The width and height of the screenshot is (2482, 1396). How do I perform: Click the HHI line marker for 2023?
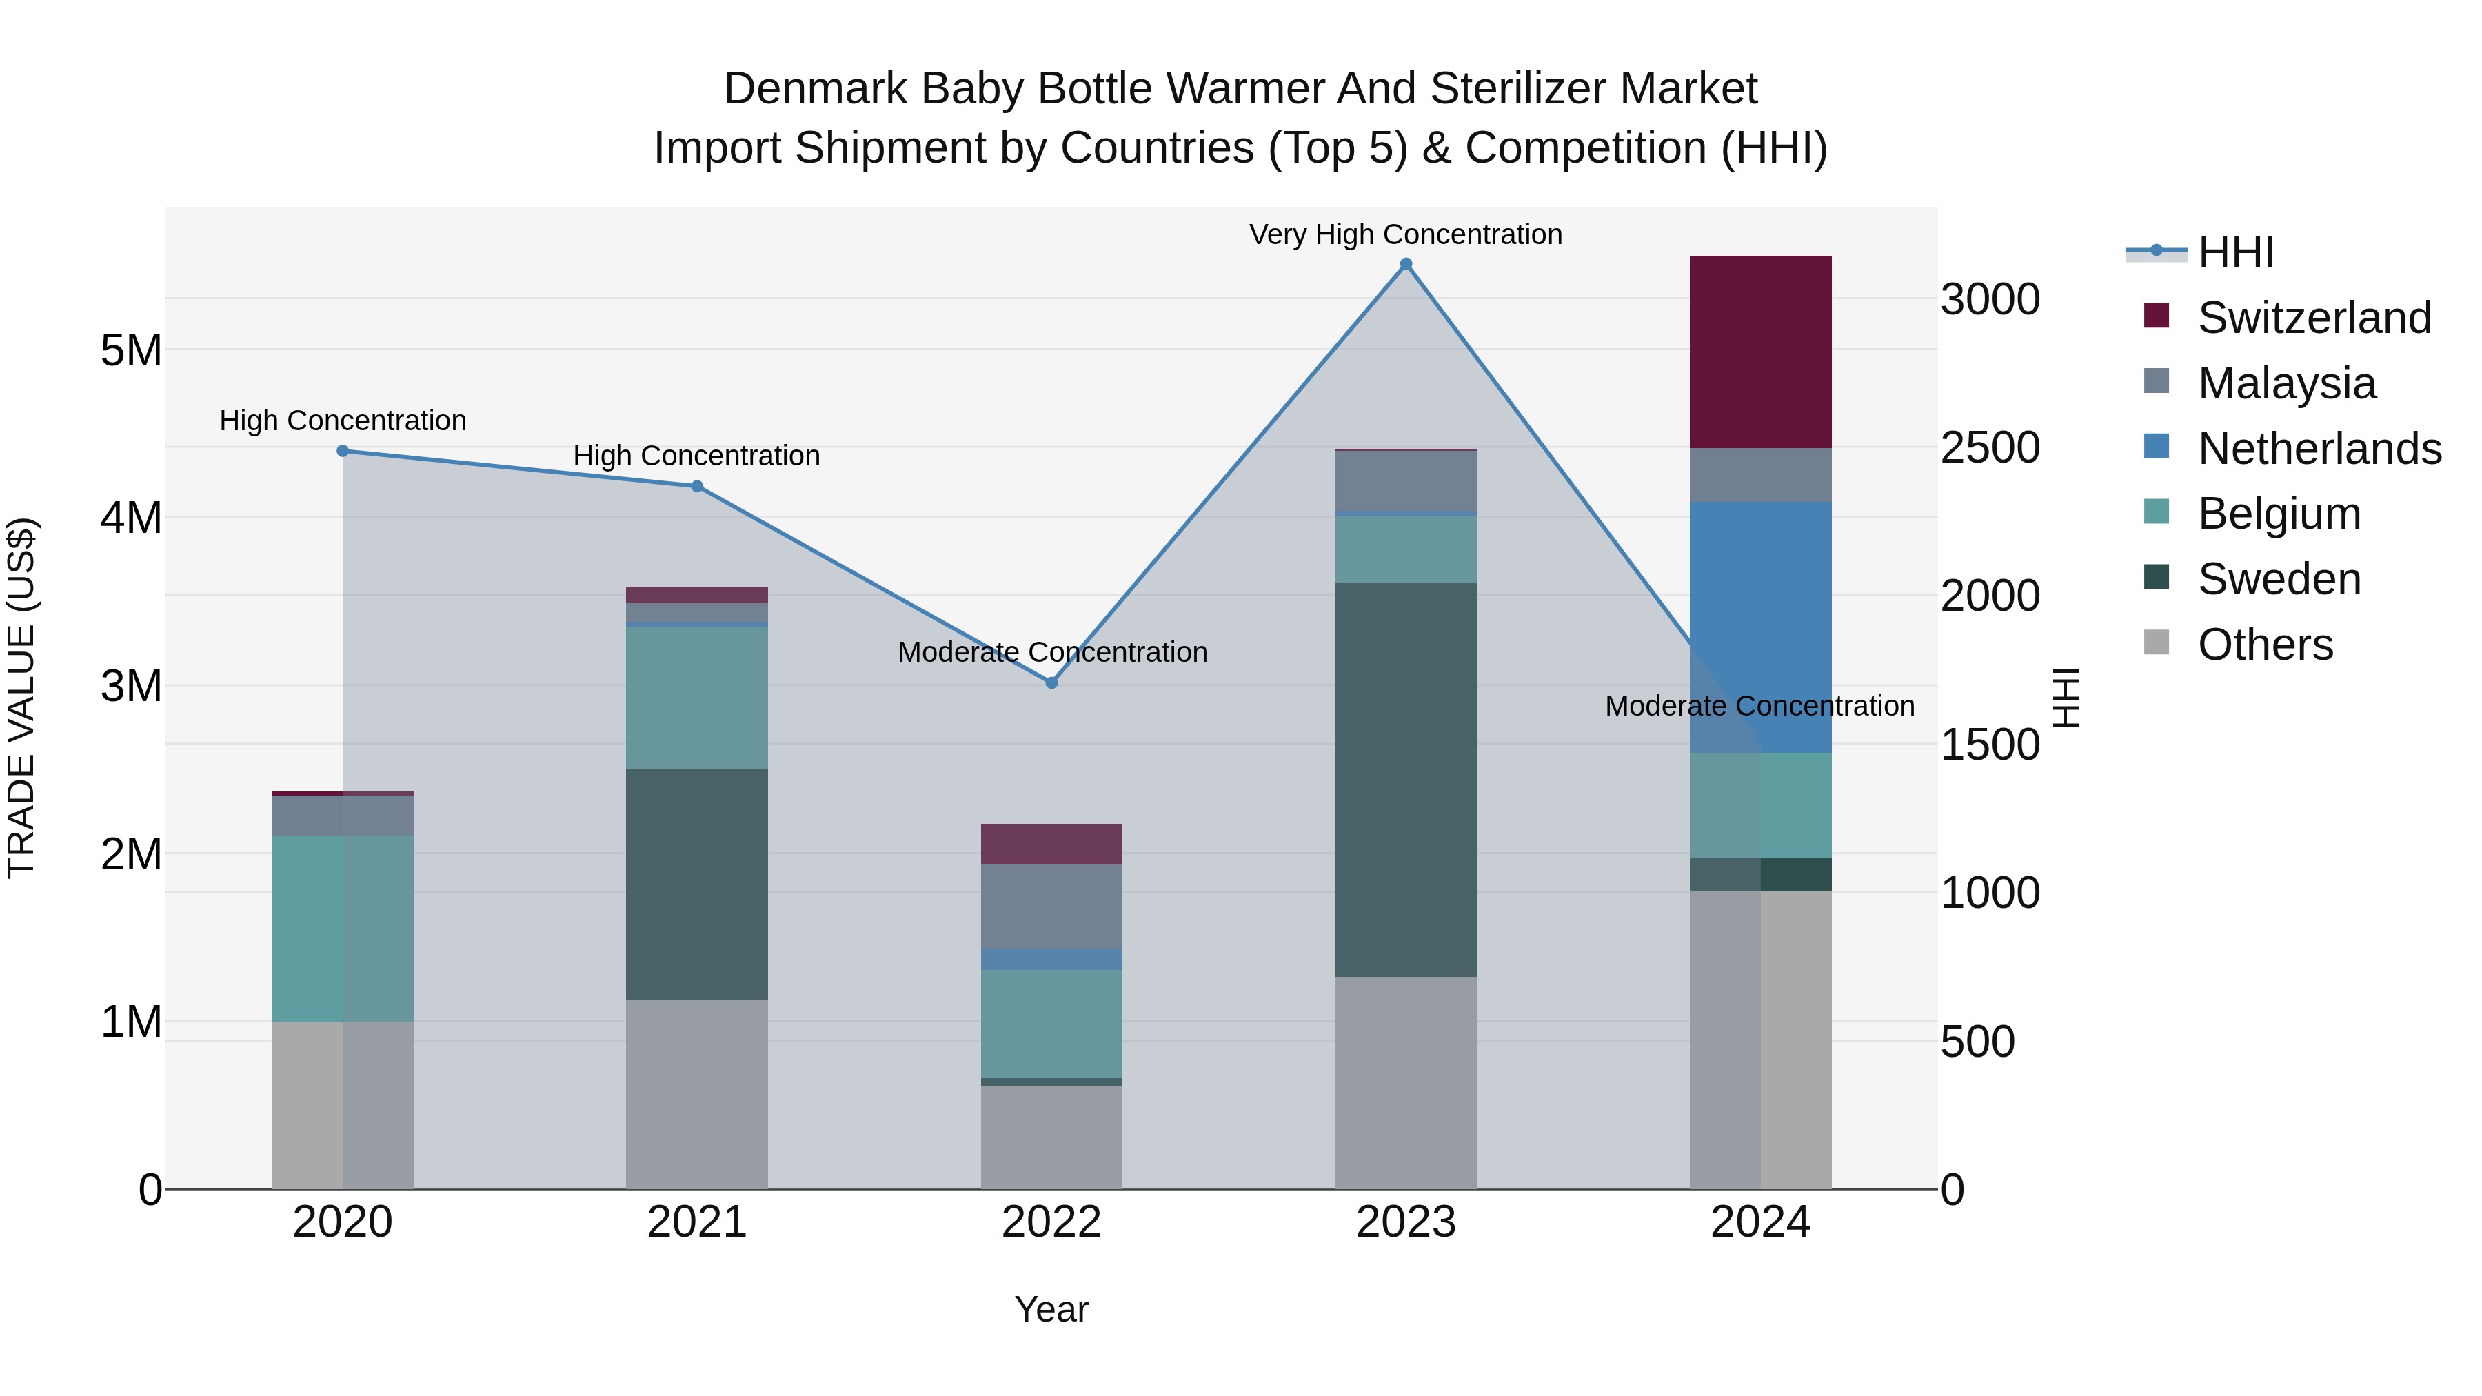coord(1406,264)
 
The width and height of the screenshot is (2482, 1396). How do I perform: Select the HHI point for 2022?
coord(1051,682)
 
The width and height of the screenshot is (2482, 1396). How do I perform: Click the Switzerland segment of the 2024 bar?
coord(1760,352)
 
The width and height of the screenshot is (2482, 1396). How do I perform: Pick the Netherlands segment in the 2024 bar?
coord(1760,626)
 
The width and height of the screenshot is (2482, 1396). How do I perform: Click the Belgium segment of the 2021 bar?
coord(696,698)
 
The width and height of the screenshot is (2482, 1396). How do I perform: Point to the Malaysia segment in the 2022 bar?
coord(1051,906)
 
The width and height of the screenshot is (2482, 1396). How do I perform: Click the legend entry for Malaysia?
coord(2286,383)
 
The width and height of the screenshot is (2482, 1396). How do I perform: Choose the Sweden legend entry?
coord(2279,579)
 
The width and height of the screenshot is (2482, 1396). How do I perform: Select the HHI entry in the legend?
coord(2235,252)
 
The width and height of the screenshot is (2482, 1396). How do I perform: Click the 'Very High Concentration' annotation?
coord(1406,234)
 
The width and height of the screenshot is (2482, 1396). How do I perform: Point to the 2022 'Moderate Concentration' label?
coord(1052,652)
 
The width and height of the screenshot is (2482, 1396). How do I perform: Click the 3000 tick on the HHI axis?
coord(1990,300)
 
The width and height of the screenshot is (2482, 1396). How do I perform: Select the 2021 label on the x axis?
coord(696,1222)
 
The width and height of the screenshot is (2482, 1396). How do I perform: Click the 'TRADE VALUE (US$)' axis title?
coord(21,698)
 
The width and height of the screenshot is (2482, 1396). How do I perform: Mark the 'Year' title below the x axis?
coord(1051,1309)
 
